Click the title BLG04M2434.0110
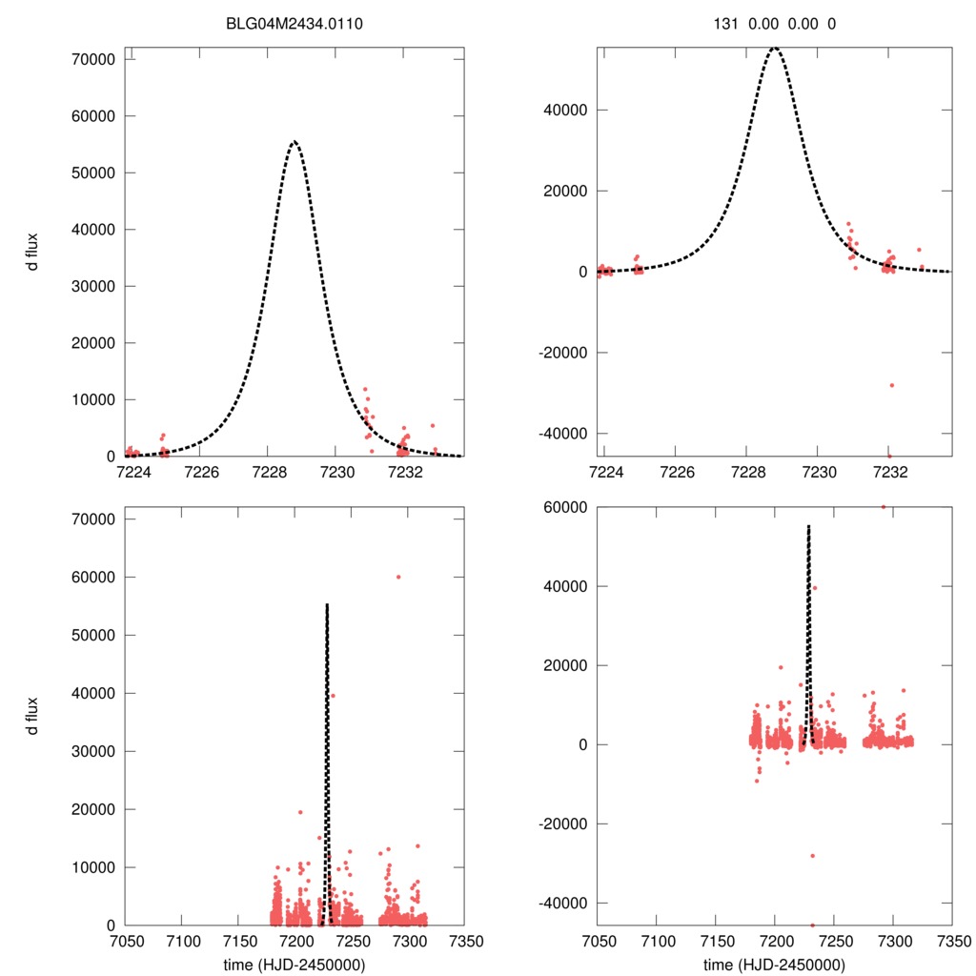(295, 23)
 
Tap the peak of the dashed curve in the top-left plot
(295, 141)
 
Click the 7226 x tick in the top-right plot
(676, 472)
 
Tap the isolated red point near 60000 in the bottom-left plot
(398, 577)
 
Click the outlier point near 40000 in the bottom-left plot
(333, 696)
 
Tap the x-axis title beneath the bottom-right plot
(774, 965)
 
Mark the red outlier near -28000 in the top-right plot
(892, 385)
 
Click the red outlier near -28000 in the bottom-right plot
(813, 856)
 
